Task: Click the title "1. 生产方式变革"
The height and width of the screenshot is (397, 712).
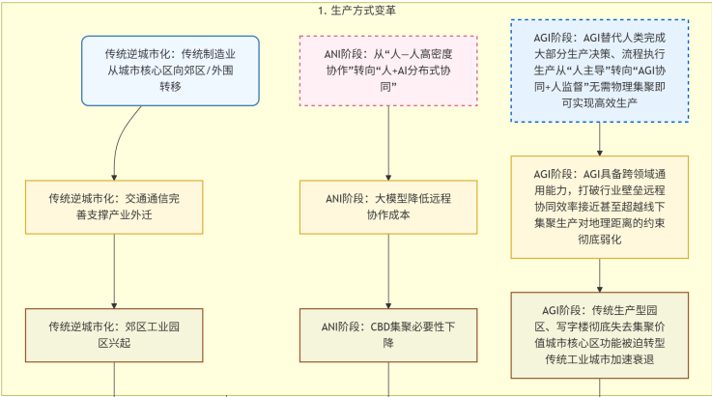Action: (356, 11)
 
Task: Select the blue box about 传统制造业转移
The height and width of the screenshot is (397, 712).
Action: (170, 71)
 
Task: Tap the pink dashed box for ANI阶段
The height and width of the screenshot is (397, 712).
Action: (388, 71)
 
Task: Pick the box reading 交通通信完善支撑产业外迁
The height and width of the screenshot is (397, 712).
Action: (114, 207)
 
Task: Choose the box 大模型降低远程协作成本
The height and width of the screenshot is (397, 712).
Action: (388, 207)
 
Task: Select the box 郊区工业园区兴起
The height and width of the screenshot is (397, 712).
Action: (114, 333)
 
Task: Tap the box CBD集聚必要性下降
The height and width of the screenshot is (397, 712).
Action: (388, 333)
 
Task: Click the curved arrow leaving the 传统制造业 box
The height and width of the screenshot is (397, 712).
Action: (120, 145)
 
